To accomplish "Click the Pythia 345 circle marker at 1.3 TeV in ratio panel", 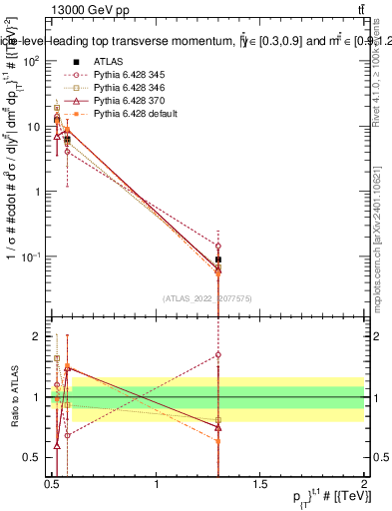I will tap(218, 354).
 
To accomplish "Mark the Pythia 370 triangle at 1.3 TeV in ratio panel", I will tap(218, 427).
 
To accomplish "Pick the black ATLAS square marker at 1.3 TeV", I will tap(218, 259).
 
